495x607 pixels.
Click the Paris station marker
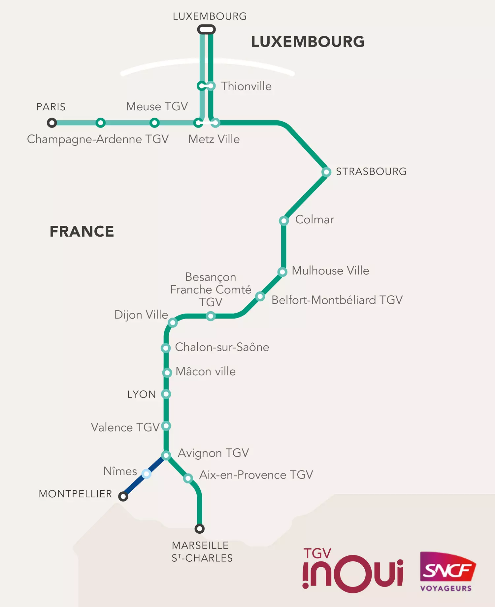point(52,123)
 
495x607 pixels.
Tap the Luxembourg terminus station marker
point(207,30)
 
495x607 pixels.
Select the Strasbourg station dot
point(326,172)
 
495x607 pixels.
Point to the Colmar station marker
point(284,220)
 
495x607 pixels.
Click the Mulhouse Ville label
point(330,271)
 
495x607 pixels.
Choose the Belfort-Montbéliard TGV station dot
point(260,296)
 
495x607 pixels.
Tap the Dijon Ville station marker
point(173,322)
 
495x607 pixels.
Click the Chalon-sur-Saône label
point(222,347)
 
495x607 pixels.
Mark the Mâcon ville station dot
point(167,373)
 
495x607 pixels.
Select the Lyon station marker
point(166,394)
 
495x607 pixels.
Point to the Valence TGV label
point(125,427)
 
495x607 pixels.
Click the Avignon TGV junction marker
point(166,455)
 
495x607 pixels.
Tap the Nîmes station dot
point(146,474)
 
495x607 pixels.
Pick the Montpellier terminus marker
point(123,496)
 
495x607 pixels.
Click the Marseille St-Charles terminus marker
point(199,529)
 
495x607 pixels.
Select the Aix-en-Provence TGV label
point(256,475)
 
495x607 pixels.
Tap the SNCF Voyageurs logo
point(447,571)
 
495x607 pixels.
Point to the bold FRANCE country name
point(82,231)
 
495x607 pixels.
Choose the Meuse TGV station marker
point(154,123)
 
